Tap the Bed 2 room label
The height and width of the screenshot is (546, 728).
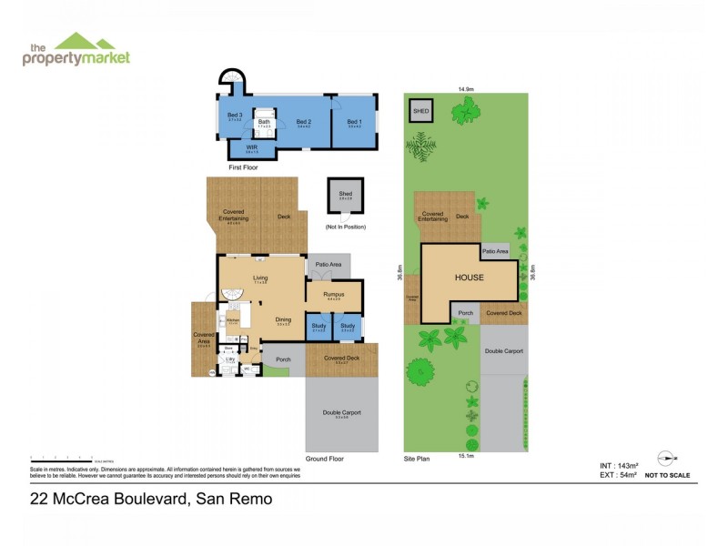(304, 122)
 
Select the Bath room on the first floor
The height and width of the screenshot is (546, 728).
(264, 125)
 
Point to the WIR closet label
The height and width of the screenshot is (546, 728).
(239, 148)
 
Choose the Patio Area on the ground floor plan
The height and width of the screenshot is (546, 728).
(328, 265)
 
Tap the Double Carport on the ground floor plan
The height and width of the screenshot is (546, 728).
(341, 414)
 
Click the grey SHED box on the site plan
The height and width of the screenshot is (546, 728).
(420, 111)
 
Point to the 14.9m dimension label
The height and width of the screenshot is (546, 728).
(467, 89)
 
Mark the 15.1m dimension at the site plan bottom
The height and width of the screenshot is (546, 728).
(466, 457)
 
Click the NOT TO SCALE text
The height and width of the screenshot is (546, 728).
(666, 475)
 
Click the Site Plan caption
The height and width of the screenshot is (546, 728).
(417, 460)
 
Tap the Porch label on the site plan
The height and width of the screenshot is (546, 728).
(465, 313)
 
